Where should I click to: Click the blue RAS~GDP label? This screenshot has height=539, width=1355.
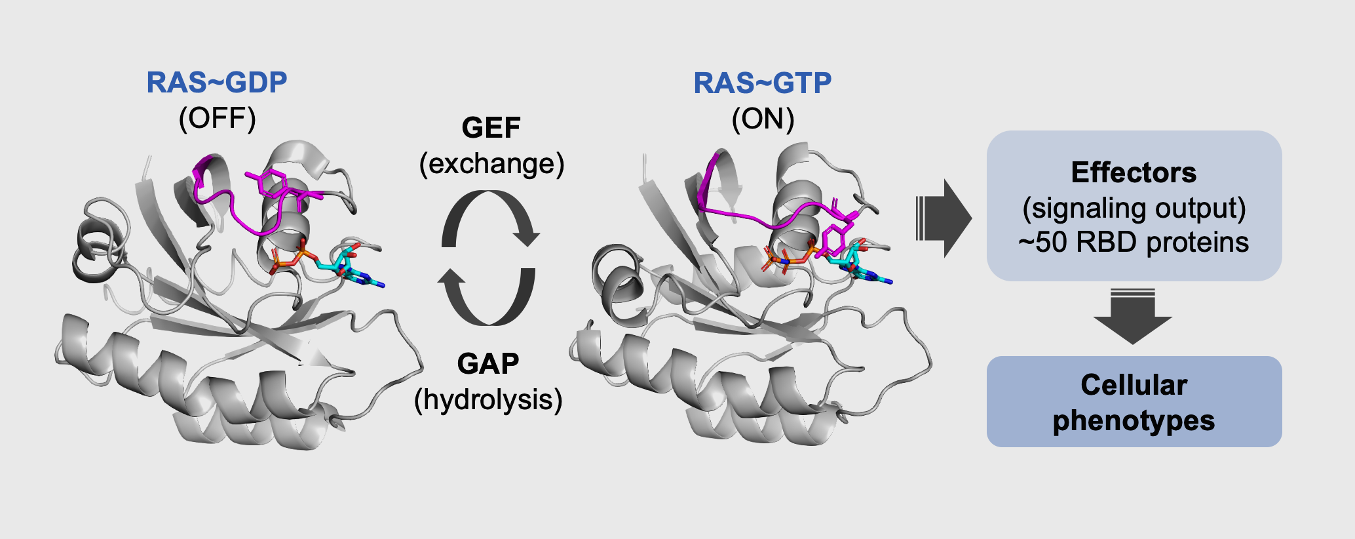click(216, 83)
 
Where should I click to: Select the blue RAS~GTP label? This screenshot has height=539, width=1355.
click(762, 83)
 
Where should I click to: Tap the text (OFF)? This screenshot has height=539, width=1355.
click(217, 119)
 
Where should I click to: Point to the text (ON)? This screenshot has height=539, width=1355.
click(763, 119)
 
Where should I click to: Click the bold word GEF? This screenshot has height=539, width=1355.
click(491, 128)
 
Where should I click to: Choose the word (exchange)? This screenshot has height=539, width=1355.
click(491, 163)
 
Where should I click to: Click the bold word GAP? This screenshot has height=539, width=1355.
click(488, 364)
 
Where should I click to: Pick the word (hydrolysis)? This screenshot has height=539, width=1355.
click(488, 399)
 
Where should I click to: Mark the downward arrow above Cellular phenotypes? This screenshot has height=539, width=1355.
click(1132, 316)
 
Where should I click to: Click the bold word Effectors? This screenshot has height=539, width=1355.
click(1134, 172)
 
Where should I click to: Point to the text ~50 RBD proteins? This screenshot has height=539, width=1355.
click(1134, 243)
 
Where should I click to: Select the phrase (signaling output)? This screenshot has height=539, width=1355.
click(1134, 208)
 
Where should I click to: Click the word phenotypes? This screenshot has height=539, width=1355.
click(1134, 420)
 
